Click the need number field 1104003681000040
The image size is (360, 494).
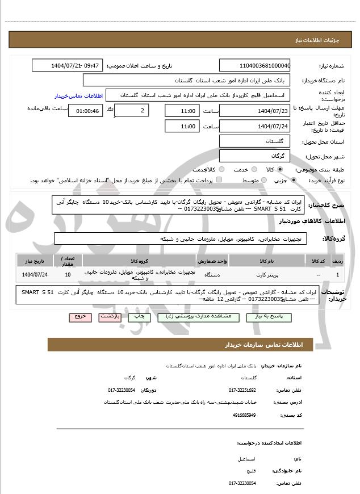coord(254,65)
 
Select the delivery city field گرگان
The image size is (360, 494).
coord(254,156)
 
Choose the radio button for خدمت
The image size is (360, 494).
coord(229,170)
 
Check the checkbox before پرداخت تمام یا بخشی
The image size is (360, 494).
coord(220,180)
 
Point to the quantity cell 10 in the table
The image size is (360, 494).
coord(68,275)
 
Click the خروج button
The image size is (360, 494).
coord(80,317)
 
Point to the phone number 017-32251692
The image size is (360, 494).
coord(242,390)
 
